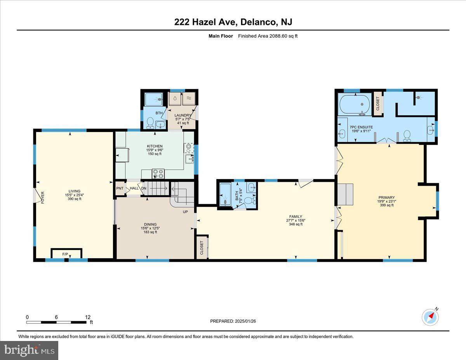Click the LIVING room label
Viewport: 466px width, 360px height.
(x=75, y=191)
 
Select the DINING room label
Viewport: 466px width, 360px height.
(x=150, y=224)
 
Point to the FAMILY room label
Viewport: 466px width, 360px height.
(x=296, y=217)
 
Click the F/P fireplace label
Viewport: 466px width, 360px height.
(x=65, y=254)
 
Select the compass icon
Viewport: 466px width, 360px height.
(x=430, y=317)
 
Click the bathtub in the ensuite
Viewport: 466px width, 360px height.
(x=355, y=104)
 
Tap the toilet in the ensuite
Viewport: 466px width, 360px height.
(x=407, y=135)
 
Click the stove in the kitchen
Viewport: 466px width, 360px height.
(x=158, y=173)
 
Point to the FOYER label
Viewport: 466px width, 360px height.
(x=43, y=197)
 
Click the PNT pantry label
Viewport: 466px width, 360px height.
(x=120, y=188)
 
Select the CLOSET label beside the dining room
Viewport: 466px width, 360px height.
(x=202, y=247)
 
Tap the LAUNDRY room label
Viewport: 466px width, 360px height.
(x=183, y=115)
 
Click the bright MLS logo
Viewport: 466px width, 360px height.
(x=30, y=350)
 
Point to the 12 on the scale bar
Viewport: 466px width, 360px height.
(x=87, y=317)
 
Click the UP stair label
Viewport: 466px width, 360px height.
(x=185, y=212)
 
